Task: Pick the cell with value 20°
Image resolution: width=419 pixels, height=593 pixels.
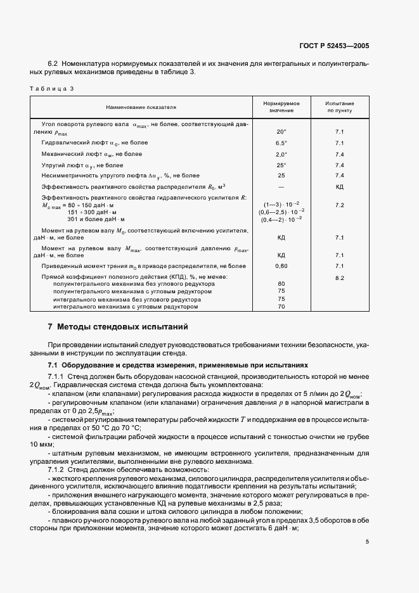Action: pyautogui.click(x=281, y=132)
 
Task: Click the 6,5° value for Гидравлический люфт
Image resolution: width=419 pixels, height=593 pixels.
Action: pyautogui.click(x=281, y=143)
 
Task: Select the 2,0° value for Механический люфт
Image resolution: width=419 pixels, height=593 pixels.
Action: pyautogui.click(x=281, y=154)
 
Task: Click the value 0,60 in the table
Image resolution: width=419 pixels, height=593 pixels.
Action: pyautogui.click(x=281, y=266)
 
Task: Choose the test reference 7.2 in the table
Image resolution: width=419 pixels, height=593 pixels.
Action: pyautogui.click(x=339, y=206)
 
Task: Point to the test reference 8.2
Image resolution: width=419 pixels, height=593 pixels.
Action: pyautogui.click(x=339, y=277)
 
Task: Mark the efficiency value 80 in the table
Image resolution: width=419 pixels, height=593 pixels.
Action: pyautogui.click(x=281, y=284)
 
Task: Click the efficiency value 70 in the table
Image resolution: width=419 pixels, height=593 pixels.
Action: pyautogui.click(x=281, y=307)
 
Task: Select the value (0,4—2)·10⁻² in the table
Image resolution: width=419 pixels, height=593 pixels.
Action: pyautogui.click(x=281, y=219)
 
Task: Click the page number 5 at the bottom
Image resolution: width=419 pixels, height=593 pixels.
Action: pyautogui.click(x=368, y=541)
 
